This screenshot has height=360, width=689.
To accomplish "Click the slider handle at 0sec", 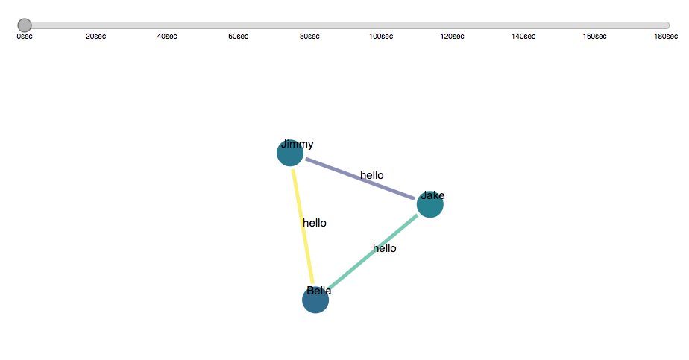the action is coord(25,25).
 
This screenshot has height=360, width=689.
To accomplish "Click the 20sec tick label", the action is coord(95,37).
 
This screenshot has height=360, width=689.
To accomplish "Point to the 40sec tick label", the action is coord(167,37).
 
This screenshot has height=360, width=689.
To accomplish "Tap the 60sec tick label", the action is coord(239,37).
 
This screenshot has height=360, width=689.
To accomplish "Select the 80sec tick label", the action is coord(309,37).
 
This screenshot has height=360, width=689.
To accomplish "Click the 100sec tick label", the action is coord(381,37).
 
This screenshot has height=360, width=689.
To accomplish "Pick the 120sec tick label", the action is coord(453,37).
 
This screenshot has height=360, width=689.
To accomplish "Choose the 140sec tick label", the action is coord(523,37).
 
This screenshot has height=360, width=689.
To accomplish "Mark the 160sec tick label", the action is coord(595,37).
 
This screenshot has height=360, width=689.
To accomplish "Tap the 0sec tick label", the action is coord(25,37).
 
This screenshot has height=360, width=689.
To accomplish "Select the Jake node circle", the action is coord(430,204).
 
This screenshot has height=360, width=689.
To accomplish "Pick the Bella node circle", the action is coord(315,300).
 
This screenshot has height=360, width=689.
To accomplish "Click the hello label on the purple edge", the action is coord(371,176).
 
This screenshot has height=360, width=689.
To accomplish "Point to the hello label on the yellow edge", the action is coord(315,223).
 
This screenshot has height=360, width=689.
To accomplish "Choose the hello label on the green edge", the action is coord(385,249).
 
